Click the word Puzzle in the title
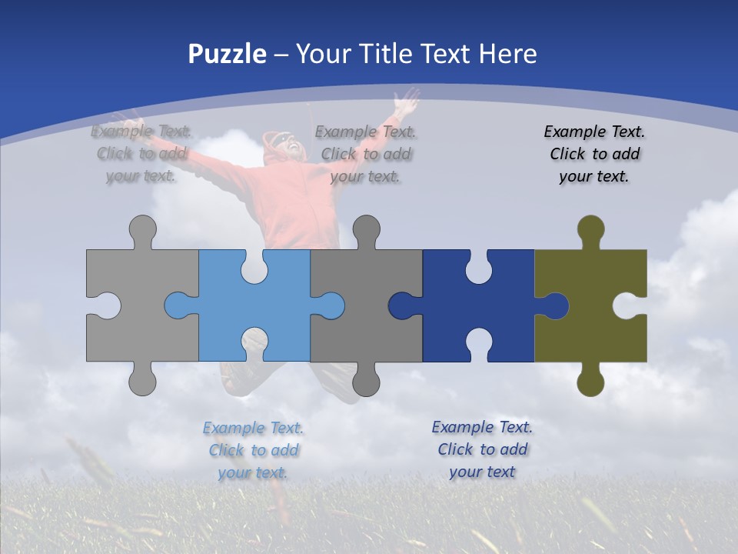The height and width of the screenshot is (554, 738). click(228, 54)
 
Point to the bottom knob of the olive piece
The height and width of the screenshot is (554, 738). click(590, 382)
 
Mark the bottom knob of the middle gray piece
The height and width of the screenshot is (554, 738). click(366, 382)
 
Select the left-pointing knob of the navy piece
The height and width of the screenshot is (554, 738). click(402, 305)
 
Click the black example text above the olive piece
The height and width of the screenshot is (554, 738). click(594, 154)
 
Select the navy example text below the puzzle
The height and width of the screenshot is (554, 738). click(482, 449)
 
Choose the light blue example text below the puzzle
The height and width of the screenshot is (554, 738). click(253, 450)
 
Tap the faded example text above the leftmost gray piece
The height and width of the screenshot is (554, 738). click(141, 153)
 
